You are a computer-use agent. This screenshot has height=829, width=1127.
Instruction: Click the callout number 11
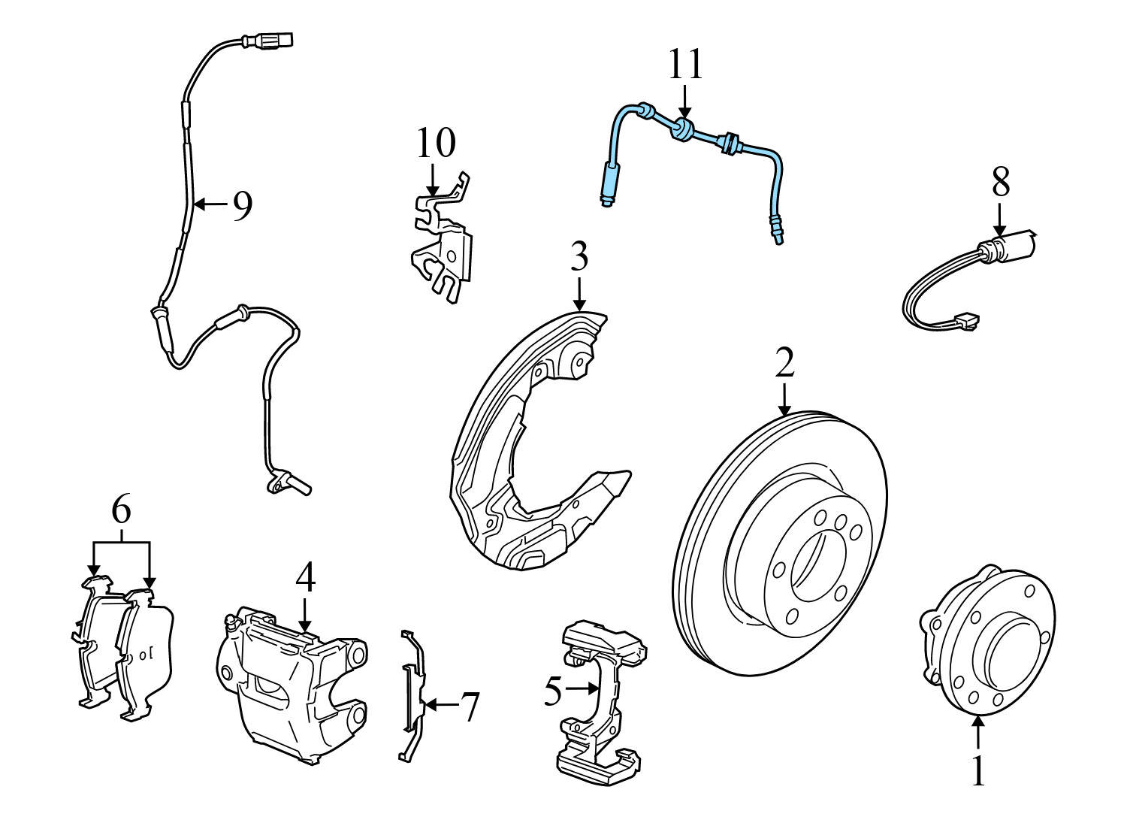[x=685, y=65]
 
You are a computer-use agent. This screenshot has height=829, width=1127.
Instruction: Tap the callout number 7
[x=468, y=707]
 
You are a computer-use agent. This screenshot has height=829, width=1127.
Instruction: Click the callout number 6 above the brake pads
[x=121, y=510]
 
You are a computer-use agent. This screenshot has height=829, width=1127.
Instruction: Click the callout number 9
[x=241, y=205]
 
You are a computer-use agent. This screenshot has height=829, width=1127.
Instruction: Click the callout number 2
[x=784, y=364]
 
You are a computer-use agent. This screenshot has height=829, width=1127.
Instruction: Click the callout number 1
[x=977, y=771]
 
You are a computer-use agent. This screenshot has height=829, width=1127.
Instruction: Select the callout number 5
[x=553, y=691]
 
